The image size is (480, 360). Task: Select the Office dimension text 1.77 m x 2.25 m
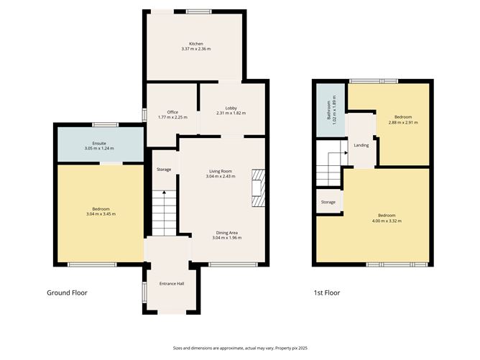pos(172,118)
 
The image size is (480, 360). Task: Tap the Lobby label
pos(231,108)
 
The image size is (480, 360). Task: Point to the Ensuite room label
pos(98,143)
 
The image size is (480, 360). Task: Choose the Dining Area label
pos(227,232)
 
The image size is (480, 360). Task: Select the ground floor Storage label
pos(164,169)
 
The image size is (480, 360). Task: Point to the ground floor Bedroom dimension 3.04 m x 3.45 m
pos(101,213)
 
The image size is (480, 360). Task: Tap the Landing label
pos(361,145)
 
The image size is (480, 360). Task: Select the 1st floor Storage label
pos(328,202)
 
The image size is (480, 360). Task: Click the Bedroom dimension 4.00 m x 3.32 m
pos(387,221)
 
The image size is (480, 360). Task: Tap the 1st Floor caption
pos(326,292)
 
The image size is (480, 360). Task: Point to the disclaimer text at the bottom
pos(240,347)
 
